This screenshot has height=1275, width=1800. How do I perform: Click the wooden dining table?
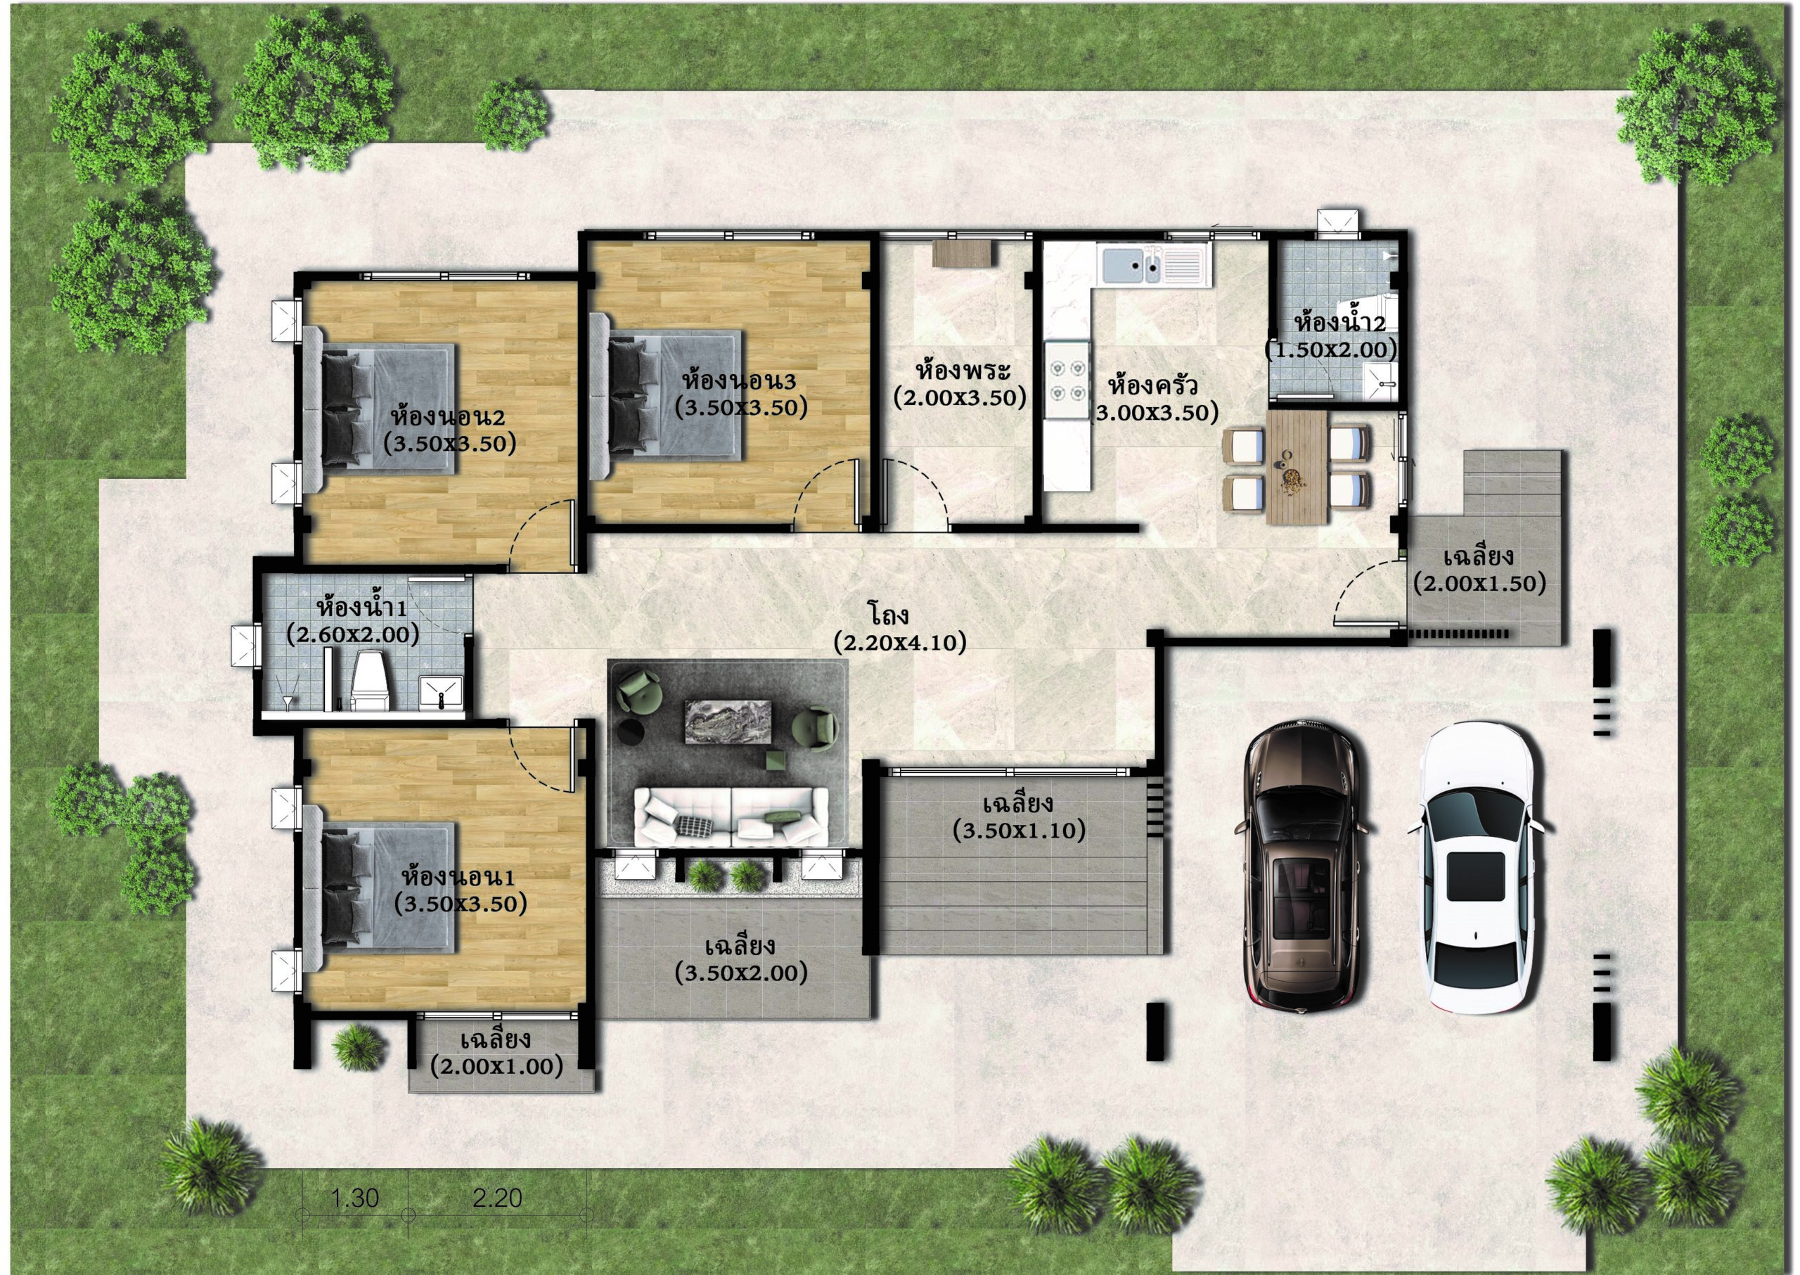pos(1297,467)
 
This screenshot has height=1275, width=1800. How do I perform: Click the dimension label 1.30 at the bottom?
pos(355,1198)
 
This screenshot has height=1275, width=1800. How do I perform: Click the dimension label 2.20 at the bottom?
pos(497,1198)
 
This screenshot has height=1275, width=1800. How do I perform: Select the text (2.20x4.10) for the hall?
pos(899,643)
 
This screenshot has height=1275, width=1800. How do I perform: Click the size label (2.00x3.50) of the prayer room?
pos(959,398)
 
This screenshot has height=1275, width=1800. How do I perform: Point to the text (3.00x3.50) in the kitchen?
pos(1154,411)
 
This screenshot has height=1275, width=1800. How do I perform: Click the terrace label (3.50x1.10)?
pos(1019,830)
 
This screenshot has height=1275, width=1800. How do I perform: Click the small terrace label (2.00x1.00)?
pos(496,1066)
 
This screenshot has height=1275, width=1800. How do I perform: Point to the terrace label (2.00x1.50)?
pos(1479,583)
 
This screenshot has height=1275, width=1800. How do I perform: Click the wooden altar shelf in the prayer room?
pos(963,254)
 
